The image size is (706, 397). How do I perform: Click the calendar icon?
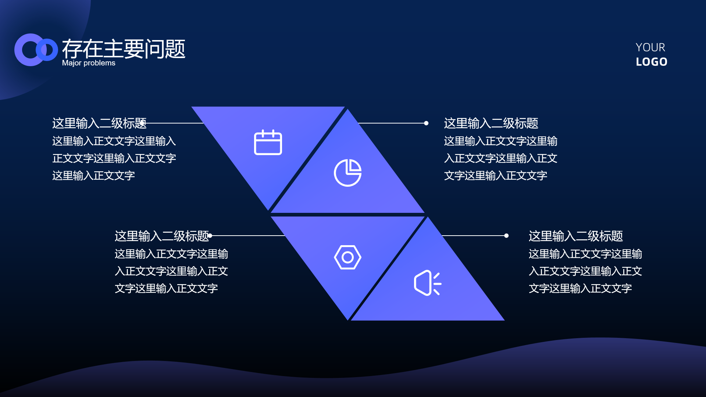click(x=268, y=142)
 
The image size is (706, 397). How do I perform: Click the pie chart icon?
click(x=347, y=173)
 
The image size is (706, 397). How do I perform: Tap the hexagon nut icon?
click(x=347, y=257)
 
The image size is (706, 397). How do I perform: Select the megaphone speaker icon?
click(x=428, y=283)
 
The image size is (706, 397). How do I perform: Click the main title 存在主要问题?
click(x=124, y=49)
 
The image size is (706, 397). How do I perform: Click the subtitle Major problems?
click(x=89, y=63)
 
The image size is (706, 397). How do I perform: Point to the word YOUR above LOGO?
click(x=650, y=47)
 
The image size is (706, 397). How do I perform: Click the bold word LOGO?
click(x=652, y=62)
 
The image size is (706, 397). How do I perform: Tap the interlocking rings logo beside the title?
click(x=36, y=50)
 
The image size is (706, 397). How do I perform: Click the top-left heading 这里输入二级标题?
click(x=99, y=123)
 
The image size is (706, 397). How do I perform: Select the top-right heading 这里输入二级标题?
click(x=491, y=123)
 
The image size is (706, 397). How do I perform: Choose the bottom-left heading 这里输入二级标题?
click(x=162, y=236)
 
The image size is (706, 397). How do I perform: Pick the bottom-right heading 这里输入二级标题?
click(x=576, y=236)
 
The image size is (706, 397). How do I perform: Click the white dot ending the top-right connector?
click(x=426, y=123)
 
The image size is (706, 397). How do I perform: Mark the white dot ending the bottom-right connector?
click(x=506, y=236)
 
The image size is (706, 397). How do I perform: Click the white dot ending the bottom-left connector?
click(x=210, y=236)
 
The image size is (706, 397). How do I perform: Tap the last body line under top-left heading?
click(x=93, y=176)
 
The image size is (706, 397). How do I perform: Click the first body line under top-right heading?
click(x=500, y=141)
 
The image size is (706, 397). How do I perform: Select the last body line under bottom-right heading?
click(x=580, y=289)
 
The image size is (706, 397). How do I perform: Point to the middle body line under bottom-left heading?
click(x=171, y=271)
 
